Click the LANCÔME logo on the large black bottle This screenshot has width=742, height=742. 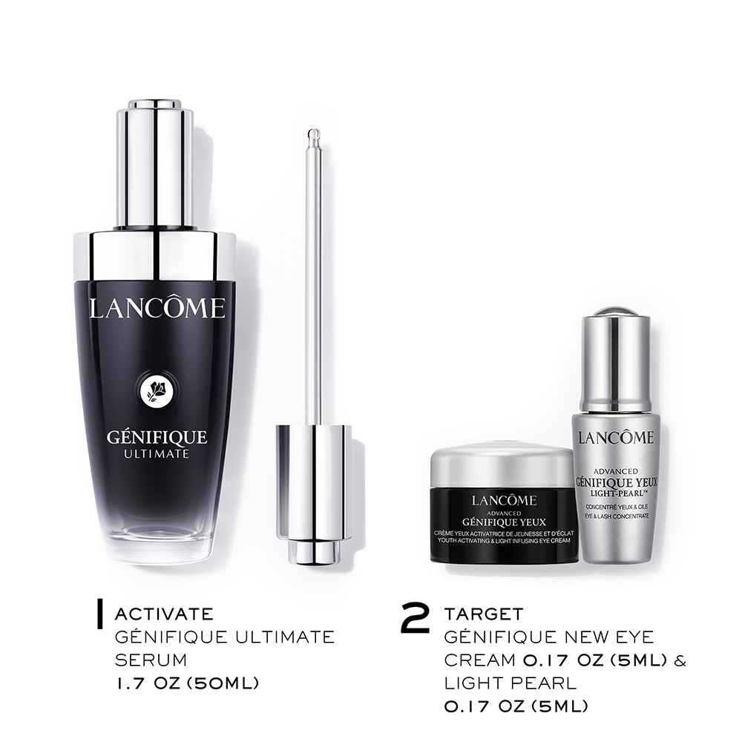pyautogui.click(x=157, y=308)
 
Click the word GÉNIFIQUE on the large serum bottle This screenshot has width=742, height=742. pyautogui.click(x=157, y=436)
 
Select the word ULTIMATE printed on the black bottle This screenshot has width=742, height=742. pyautogui.click(x=157, y=454)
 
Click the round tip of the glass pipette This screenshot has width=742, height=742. pyautogui.click(x=313, y=134)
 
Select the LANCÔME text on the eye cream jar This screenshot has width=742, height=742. pyautogui.click(x=504, y=500)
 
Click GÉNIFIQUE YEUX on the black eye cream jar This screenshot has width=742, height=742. pyautogui.click(x=504, y=522)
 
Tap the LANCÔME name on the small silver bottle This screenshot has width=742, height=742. pyautogui.click(x=615, y=438)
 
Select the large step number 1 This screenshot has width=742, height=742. pyautogui.click(x=99, y=614)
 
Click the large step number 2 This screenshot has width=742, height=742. pyautogui.click(x=415, y=617)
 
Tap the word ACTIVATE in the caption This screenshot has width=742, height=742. pyautogui.click(x=164, y=614)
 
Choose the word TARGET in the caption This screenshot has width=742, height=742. pyautogui.click(x=484, y=614)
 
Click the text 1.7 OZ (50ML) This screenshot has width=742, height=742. pyautogui.click(x=187, y=683)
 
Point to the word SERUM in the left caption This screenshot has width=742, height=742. pyautogui.click(x=151, y=660)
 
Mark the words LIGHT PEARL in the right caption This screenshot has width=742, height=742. pyautogui.click(x=510, y=683)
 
